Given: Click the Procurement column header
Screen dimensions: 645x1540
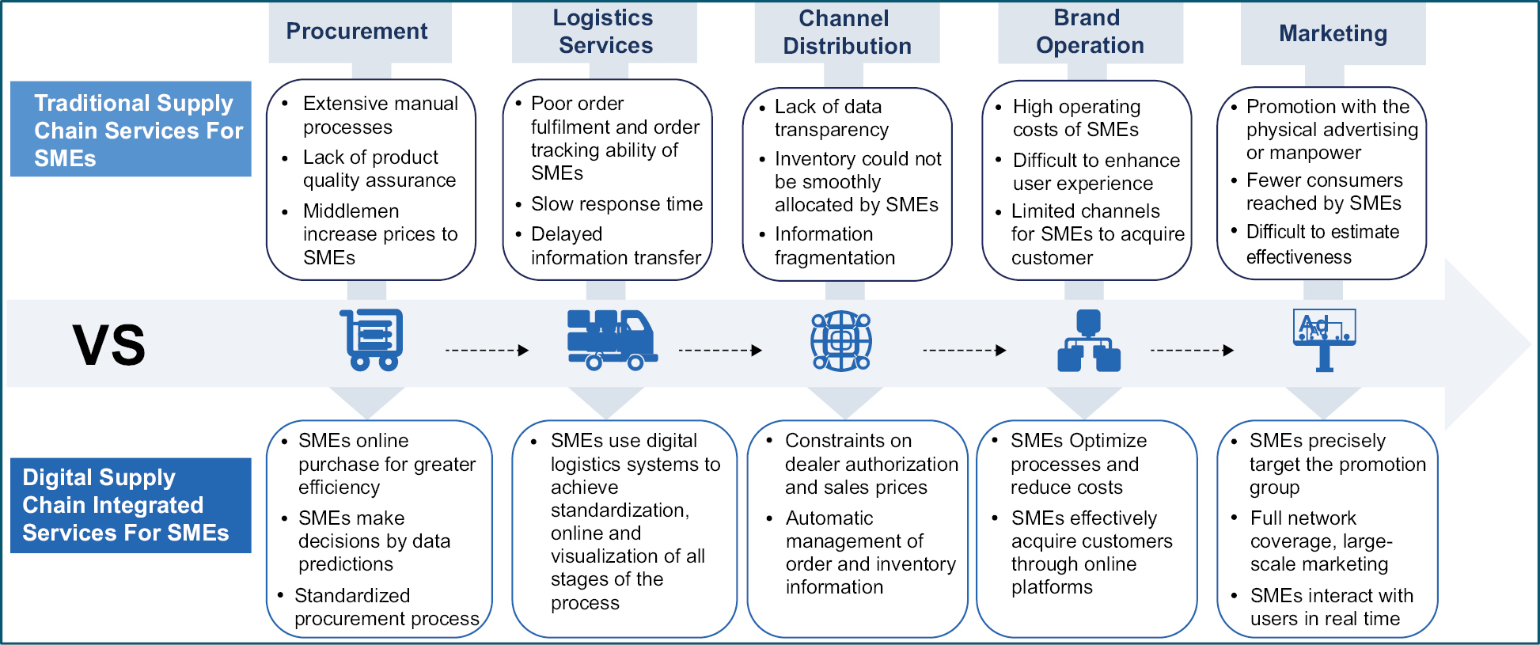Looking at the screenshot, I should pos(357,32).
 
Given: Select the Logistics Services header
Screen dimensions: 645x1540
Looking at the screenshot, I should pos(605,32).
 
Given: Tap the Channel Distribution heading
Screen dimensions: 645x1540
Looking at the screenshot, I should pos(847,32).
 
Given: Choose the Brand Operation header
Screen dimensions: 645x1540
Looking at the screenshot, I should pos(1090,32).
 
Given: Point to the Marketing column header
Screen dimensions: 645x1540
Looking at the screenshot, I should pos(1333,33).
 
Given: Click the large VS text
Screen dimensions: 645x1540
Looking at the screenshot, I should pos(109,346).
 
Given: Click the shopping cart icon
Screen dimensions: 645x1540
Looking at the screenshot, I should pos(373,340).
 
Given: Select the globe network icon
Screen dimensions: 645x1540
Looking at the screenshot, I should pos(841,341).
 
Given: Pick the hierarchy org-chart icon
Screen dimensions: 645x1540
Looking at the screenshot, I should pos(1089,341).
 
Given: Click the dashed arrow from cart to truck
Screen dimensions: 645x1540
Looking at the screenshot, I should pos(487,350).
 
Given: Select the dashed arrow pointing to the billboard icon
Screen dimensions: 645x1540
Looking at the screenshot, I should pos(1192,350).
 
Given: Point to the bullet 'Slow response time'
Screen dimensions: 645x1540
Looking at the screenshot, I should pos(616,204).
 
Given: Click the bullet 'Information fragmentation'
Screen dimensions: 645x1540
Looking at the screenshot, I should pos(834,246).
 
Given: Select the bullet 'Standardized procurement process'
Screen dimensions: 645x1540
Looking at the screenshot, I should pos(386,607).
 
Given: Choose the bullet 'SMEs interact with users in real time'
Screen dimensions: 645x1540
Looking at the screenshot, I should pos(1331,607).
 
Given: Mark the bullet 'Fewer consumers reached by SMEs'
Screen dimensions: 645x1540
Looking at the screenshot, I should pos(1323,192).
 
